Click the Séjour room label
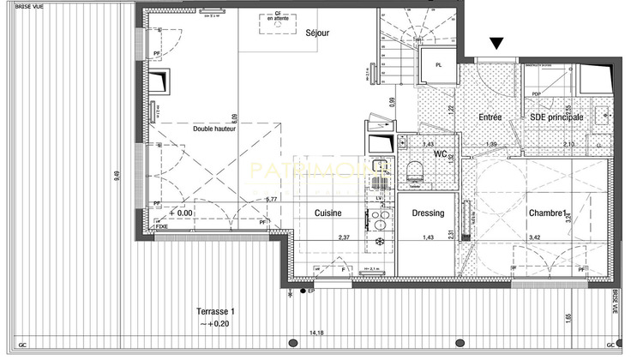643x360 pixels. pos(317,33)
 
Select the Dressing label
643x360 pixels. pos(428,213)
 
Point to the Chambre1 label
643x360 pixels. pos(546,213)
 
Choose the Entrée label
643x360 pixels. pos(490,117)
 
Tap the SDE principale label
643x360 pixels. pos(556,117)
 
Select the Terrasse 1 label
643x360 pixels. pos(215,312)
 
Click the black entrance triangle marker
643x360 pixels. pos(496,43)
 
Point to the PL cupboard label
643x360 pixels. pos(438,65)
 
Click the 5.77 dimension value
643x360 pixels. pos(273,200)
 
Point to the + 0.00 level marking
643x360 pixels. pos(181,212)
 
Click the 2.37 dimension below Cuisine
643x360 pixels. pos(344,237)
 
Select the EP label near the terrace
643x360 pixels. pos(311,292)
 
